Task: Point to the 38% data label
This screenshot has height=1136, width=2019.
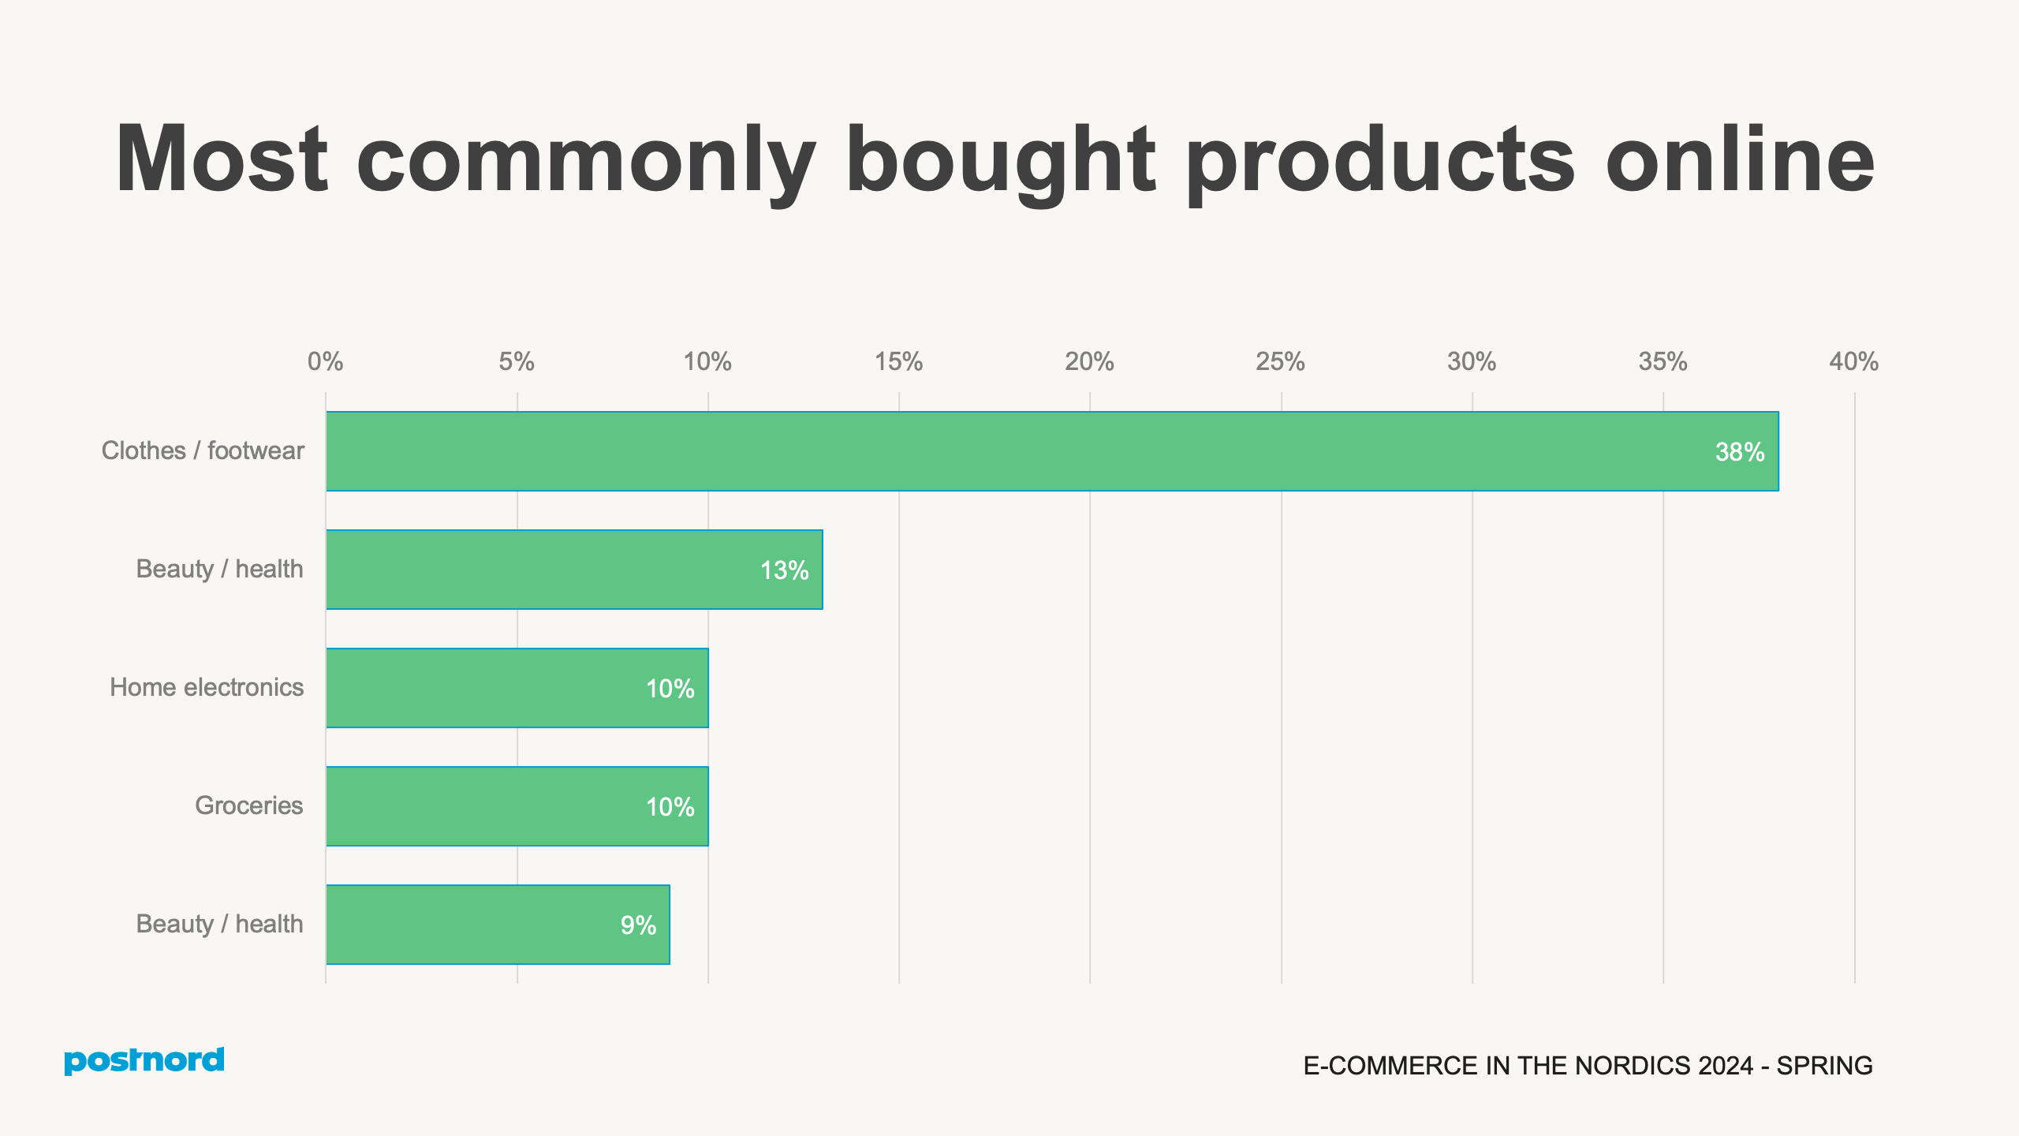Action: [x=1739, y=452]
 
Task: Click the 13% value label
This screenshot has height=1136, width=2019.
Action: [x=784, y=570]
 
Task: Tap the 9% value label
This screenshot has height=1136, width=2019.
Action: [x=638, y=925]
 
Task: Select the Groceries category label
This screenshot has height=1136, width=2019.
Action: [x=248, y=805]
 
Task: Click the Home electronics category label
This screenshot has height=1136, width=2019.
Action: [x=207, y=687]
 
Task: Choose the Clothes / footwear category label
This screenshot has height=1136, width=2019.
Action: [x=203, y=450]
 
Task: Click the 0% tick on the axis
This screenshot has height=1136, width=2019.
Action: [x=325, y=362]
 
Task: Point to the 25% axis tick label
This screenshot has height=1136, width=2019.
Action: [x=1280, y=362]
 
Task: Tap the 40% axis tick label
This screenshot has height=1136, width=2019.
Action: [x=1853, y=362]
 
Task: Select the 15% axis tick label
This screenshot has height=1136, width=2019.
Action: [x=898, y=362]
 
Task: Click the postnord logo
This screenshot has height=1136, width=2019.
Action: [x=144, y=1061]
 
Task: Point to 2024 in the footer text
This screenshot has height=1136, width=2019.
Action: [x=1725, y=1066]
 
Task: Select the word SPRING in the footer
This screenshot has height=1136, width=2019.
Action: [x=1824, y=1066]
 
